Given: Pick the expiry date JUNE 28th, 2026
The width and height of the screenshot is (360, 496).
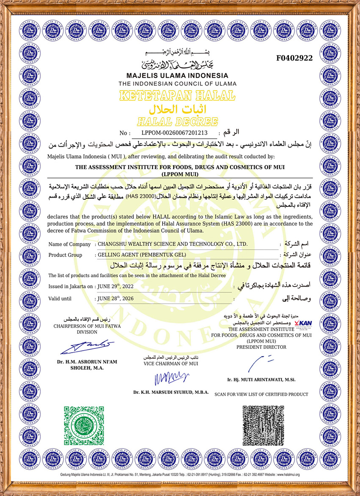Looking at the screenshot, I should tap(115, 298).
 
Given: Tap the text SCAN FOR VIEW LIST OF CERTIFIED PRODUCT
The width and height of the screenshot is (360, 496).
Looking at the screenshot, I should tap(261, 394).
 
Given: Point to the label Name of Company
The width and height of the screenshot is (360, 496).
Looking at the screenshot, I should tap(69, 244).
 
